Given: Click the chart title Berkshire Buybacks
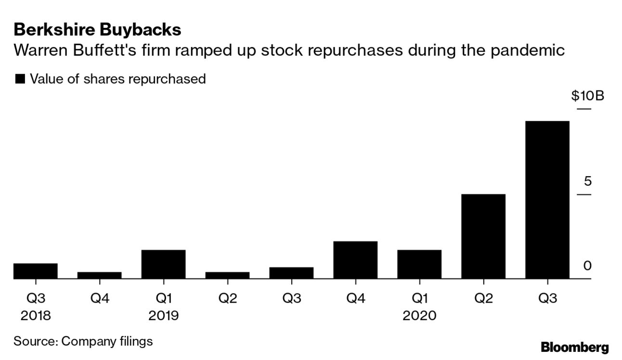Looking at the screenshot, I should tap(97, 30).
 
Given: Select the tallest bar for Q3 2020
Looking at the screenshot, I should tap(547, 200).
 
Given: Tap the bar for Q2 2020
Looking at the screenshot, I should tap(483, 236).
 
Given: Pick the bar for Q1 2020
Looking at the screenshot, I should tap(419, 264).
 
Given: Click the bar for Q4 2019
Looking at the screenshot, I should tap(355, 260).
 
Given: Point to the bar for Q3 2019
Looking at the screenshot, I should tap(291, 273).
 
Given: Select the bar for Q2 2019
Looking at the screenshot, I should tap(227, 275).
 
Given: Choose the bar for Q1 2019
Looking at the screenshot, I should tap(163, 264).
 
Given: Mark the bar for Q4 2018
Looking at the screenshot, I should tap(100, 275).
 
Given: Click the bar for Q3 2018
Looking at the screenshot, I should tap(36, 271).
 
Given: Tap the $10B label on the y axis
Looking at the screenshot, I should tap(587, 96).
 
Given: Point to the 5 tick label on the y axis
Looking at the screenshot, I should tap(587, 181).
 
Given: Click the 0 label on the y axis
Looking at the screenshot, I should tap(587, 266).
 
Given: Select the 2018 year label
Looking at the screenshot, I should tap(36, 316).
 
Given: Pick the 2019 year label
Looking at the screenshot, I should tap(163, 316).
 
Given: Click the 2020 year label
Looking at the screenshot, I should tap(419, 316).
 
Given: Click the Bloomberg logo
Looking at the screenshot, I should tap(575, 347).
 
